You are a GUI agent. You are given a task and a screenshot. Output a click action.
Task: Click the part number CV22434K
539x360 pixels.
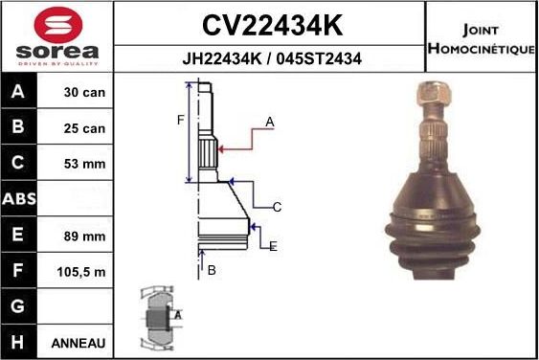pyautogui.click(x=271, y=24)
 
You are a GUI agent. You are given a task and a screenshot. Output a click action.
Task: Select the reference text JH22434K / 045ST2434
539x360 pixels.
pyautogui.click(x=271, y=58)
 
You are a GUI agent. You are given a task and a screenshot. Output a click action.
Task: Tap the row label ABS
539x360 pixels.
pyautogui.click(x=20, y=200)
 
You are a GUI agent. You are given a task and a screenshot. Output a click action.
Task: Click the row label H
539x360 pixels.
pyautogui.click(x=20, y=343)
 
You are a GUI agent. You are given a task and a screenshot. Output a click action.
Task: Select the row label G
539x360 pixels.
pyautogui.click(x=20, y=307)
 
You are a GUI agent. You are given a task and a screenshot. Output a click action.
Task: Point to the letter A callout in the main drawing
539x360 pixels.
pyautogui.click(x=270, y=123)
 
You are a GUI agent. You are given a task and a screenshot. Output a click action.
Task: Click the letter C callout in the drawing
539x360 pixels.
pyautogui.click(x=276, y=207)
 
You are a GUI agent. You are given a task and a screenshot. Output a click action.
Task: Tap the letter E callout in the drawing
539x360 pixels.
pyautogui.click(x=273, y=246)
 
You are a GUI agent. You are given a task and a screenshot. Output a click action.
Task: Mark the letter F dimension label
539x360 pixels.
pyautogui.click(x=179, y=120)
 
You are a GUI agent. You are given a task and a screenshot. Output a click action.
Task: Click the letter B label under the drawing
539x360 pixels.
pyautogui.click(x=212, y=271)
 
